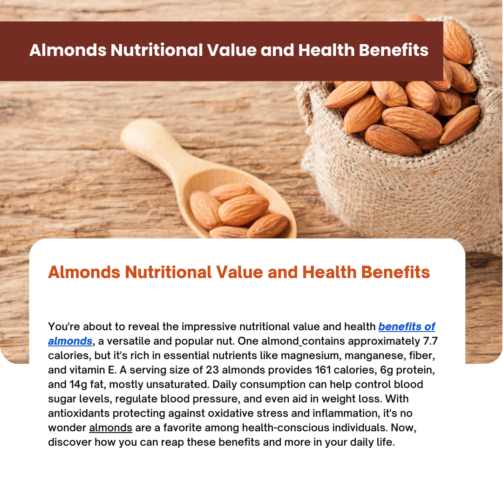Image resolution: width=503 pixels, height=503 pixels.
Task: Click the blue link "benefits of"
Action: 407,326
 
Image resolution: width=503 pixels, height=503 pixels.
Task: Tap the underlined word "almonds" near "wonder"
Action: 111,428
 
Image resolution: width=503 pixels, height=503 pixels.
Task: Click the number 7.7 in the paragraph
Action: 430,341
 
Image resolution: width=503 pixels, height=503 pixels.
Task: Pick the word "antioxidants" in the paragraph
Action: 79,413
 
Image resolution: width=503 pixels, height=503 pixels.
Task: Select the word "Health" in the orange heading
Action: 329,272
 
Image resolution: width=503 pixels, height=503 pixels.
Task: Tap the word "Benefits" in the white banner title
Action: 394,50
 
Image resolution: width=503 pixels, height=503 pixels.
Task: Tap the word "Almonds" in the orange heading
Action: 84,272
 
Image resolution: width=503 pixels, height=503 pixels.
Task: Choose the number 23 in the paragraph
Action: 212,370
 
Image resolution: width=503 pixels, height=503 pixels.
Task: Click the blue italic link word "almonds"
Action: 70,341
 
